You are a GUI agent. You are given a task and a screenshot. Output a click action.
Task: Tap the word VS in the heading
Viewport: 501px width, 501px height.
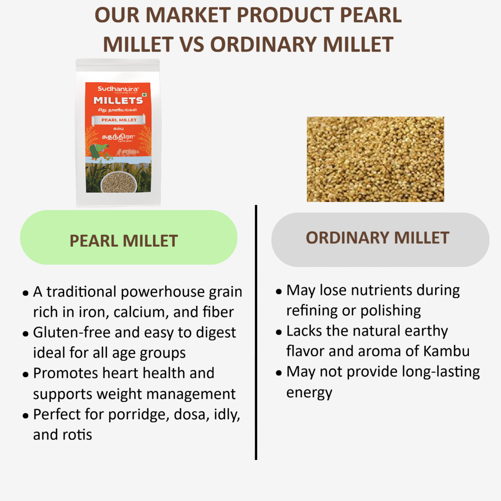[192, 45]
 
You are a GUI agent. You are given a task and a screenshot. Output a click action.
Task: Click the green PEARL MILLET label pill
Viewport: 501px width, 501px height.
[128, 238]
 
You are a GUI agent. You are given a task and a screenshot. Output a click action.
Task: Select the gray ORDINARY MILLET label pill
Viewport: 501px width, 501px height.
[380, 240]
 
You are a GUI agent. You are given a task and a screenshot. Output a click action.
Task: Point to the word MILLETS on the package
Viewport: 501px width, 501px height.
[118, 101]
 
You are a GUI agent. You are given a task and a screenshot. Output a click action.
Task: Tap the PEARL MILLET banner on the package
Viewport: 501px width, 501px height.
[119, 120]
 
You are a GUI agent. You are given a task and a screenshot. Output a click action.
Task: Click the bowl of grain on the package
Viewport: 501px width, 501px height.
[119, 182]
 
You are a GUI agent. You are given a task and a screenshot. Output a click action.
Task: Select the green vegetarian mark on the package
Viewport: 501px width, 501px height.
[144, 95]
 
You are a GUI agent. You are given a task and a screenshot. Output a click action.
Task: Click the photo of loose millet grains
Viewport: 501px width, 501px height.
[375, 159]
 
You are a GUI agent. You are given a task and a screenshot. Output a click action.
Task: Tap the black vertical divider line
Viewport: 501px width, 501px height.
[256, 333]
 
